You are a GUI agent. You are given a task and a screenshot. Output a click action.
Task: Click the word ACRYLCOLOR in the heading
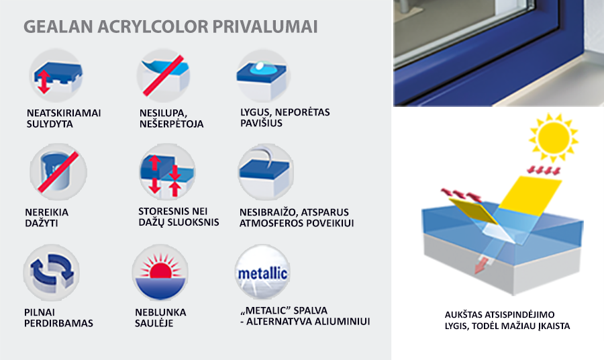(x=152, y=27)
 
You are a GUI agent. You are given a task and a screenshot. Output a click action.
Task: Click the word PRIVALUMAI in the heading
(x=265, y=27)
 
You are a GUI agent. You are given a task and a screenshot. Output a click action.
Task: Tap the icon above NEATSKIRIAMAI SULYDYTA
(x=56, y=75)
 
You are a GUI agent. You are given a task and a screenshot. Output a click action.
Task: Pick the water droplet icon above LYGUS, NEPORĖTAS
(x=263, y=75)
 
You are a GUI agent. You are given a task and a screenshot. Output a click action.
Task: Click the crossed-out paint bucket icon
(x=58, y=172)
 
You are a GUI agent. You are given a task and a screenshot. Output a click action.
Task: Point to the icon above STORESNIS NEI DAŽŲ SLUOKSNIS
(x=167, y=172)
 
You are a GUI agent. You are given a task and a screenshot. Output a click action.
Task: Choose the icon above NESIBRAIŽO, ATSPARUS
(x=265, y=172)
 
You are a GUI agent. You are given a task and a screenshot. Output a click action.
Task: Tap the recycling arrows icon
(x=52, y=273)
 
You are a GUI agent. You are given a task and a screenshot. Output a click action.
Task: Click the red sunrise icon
(x=160, y=273)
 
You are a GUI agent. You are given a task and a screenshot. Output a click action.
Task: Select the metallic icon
(x=262, y=273)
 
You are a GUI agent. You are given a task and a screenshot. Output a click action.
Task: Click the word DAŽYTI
(x=42, y=223)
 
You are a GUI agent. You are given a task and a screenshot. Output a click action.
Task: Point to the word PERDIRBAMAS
(x=58, y=323)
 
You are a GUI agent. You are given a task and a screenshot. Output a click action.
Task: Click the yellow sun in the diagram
(x=554, y=138)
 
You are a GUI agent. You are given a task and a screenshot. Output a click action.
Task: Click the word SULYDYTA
(x=50, y=124)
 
